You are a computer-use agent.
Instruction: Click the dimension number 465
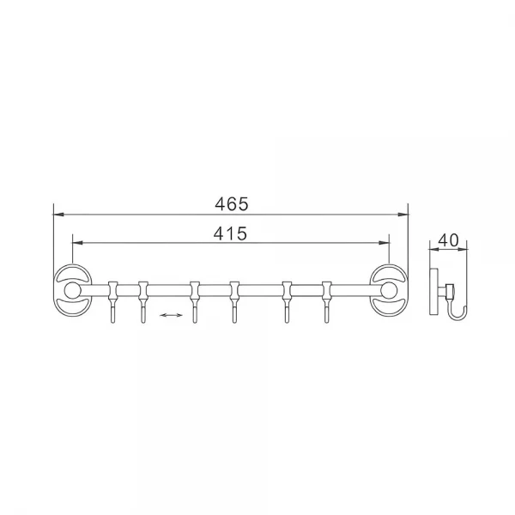[x=232, y=204]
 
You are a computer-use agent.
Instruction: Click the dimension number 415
[x=230, y=233]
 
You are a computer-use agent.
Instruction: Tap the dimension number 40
[x=448, y=240]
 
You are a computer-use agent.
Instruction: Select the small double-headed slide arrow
[x=171, y=315]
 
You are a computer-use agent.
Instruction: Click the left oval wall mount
[x=57, y=290]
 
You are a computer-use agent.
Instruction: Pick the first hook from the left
[x=112, y=302]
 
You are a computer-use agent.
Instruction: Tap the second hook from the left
[x=142, y=302]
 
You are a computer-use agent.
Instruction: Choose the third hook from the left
[x=195, y=302]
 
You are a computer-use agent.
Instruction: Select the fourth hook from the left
[x=234, y=302]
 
